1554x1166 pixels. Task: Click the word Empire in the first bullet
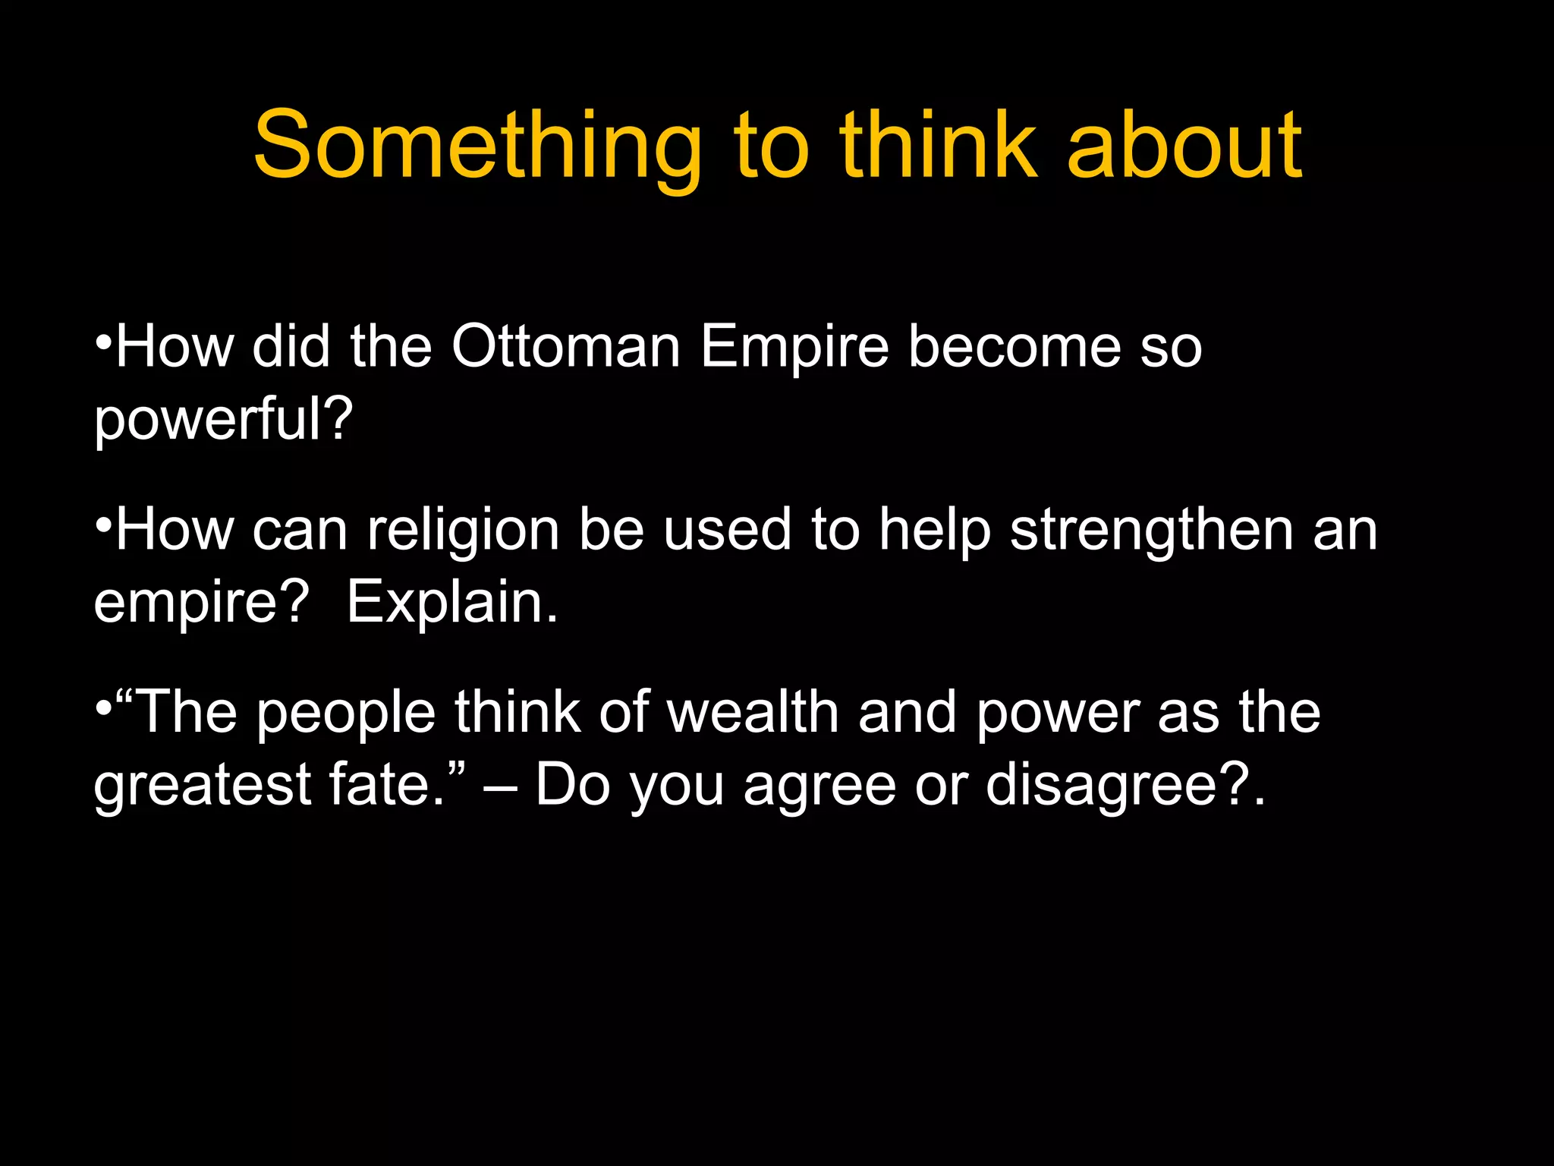(x=794, y=348)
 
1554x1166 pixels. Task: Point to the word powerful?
(x=223, y=420)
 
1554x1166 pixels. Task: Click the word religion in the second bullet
(x=463, y=529)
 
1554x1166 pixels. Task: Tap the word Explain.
(x=452, y=602)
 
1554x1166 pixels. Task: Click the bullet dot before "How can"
(x=104, y=522)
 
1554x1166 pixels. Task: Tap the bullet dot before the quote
(x=104, y=705)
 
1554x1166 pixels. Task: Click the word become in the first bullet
(x=1014, y=346)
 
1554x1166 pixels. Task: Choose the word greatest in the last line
(x=202, y=786)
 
